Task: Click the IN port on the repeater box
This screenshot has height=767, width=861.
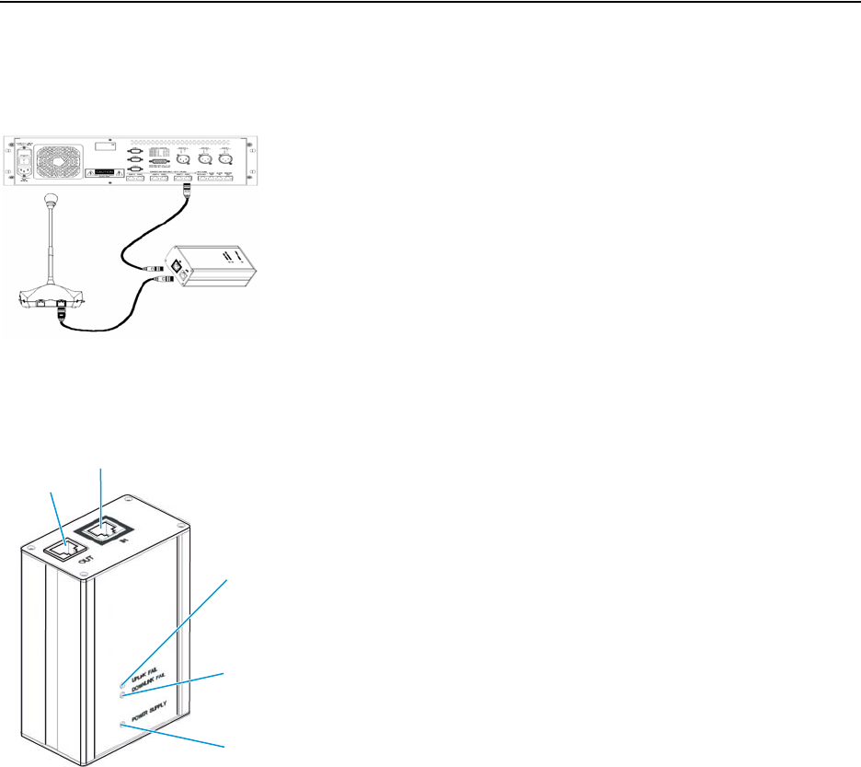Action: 103,529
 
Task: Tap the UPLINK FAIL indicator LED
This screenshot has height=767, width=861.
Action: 122,684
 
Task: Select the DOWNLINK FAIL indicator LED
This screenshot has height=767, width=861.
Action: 122,696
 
